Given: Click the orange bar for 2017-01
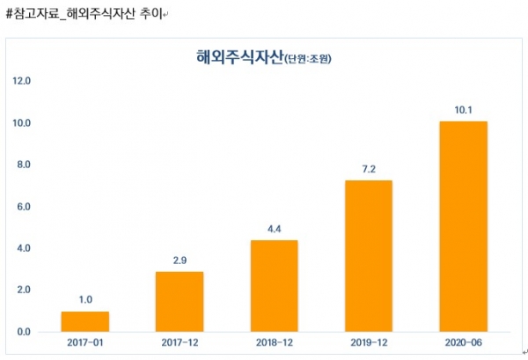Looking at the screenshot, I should (85, 321).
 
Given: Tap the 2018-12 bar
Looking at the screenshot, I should (274, 285).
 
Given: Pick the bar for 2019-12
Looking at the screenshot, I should (368, 255).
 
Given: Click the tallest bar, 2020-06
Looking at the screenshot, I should (463, 225).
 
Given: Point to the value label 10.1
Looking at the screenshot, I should (463, 111).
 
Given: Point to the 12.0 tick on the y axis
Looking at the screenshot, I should (22, 81).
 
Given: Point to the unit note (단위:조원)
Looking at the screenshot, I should (308, 61).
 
